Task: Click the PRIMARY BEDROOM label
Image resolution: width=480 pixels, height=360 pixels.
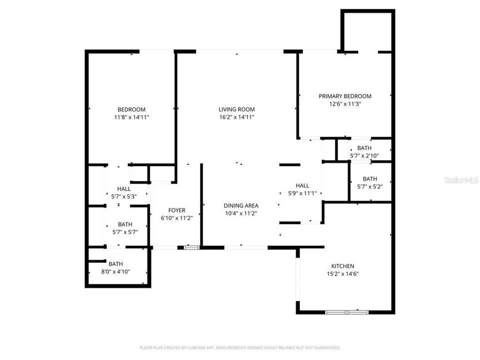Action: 345,96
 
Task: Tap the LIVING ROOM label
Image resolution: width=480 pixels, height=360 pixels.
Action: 236,109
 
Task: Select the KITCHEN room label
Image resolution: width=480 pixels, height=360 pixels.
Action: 342,266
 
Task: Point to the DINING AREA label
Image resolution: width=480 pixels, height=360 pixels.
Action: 240,205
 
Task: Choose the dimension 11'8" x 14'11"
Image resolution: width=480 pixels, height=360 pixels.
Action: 131,117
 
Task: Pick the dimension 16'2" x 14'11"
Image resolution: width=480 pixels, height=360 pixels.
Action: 236,117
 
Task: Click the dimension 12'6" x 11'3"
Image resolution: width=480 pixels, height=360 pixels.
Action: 345,104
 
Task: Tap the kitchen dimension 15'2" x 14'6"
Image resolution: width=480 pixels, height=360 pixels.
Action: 342,273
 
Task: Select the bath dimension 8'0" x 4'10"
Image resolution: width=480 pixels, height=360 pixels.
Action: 115,272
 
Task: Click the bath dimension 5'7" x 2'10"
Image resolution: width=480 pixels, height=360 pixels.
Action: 364,156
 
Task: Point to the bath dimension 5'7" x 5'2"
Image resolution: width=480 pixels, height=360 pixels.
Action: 369,186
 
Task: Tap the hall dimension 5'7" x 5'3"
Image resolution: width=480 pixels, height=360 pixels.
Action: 123,196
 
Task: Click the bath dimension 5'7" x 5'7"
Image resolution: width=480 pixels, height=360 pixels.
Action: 125,232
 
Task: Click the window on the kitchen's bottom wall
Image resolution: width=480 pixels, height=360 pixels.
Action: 346,312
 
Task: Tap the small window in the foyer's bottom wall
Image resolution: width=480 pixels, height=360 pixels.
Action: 191,247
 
